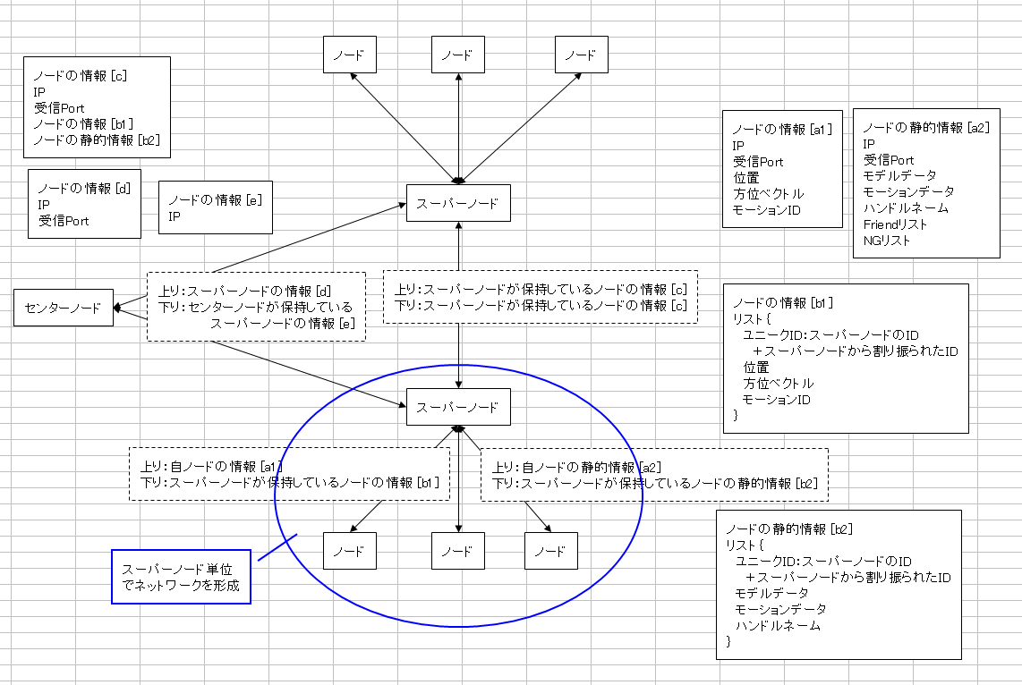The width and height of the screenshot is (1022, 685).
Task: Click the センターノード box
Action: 63,308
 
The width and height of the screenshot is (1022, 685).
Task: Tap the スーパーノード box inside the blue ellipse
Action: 458,407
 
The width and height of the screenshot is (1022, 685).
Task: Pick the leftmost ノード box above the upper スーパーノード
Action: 349,55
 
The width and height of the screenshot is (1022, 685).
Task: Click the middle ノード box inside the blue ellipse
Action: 458,551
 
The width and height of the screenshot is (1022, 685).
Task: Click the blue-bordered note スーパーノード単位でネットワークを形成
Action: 181,577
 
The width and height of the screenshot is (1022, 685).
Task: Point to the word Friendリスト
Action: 895,224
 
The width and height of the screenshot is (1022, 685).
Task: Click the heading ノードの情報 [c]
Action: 80,76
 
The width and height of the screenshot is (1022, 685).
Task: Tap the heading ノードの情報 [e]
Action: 215,199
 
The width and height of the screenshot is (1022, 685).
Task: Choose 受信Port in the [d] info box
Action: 64,220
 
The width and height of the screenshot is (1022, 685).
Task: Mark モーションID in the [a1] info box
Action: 766,210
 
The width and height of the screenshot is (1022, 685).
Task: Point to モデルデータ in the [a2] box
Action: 899,176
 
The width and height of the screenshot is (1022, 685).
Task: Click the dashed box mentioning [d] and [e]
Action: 257,306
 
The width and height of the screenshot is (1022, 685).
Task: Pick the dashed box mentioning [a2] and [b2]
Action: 654,474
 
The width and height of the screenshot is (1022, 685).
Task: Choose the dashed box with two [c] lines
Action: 541,297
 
